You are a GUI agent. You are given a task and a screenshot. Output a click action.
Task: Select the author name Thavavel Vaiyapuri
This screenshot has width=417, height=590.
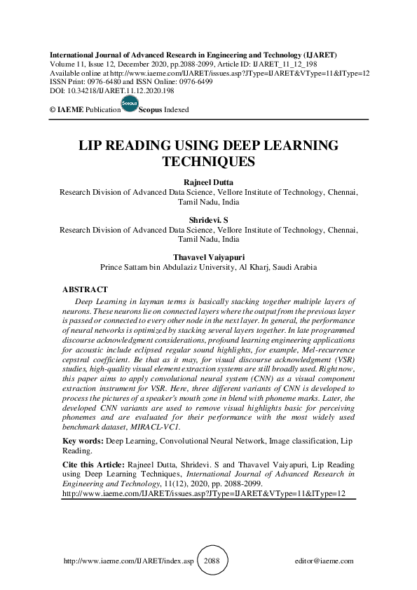click(209, 256)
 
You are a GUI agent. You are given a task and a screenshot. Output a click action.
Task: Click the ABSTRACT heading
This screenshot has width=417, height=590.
click(85, 289)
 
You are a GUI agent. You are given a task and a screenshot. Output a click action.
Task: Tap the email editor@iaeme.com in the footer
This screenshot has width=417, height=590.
click(325, 561)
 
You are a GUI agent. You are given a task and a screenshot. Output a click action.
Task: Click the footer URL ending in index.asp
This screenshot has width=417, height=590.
click(128, 561)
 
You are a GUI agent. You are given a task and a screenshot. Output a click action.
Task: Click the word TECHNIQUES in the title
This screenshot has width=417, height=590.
click(209, 162)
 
